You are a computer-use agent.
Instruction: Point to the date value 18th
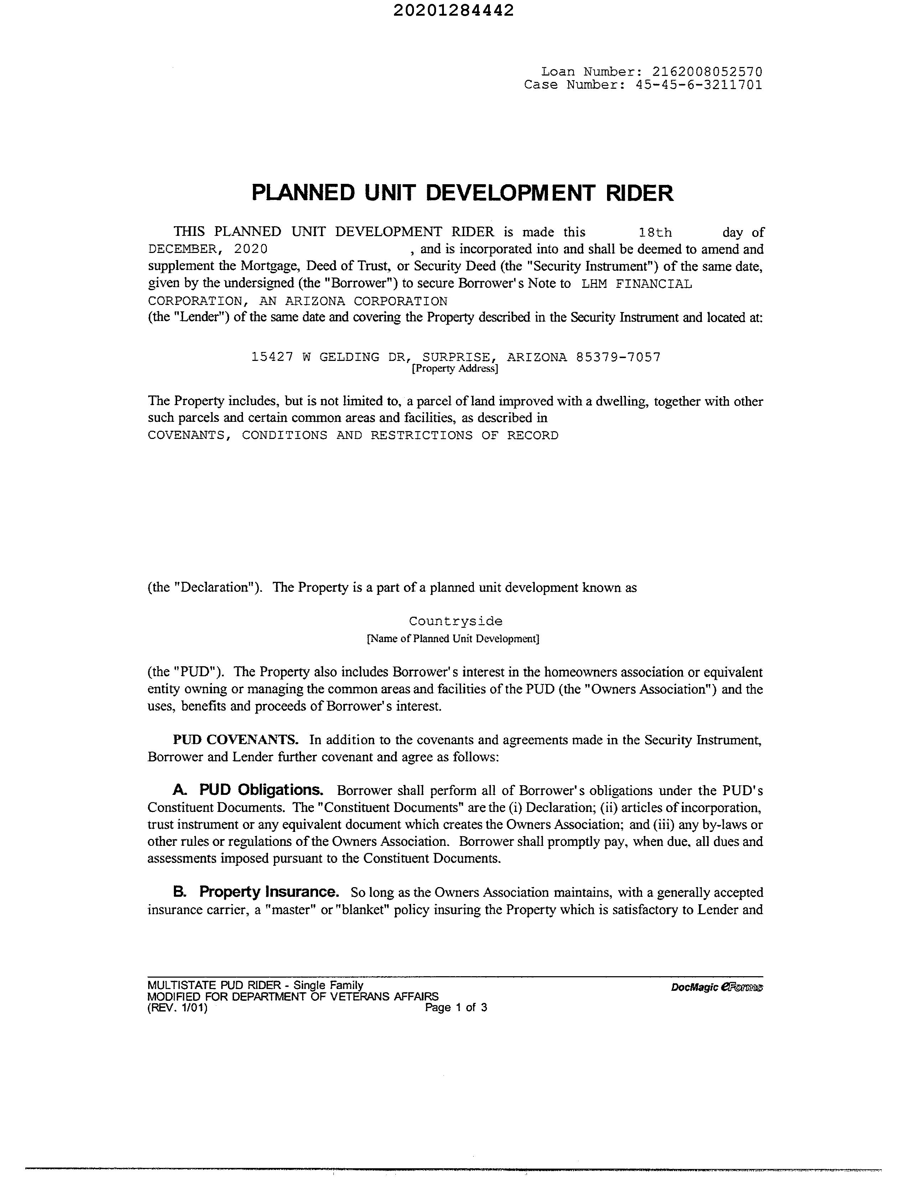point(655,233)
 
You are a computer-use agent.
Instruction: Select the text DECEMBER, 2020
point(208,249)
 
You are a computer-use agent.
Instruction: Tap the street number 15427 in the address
point(272,357)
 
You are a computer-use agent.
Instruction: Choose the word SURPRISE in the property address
point(457,357)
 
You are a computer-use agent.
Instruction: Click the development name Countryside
point(455,621)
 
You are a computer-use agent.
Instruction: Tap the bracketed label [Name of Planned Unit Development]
point(453,638)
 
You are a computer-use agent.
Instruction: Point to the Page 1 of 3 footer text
point(456,1008)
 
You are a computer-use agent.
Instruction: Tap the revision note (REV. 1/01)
point(177,1008)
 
